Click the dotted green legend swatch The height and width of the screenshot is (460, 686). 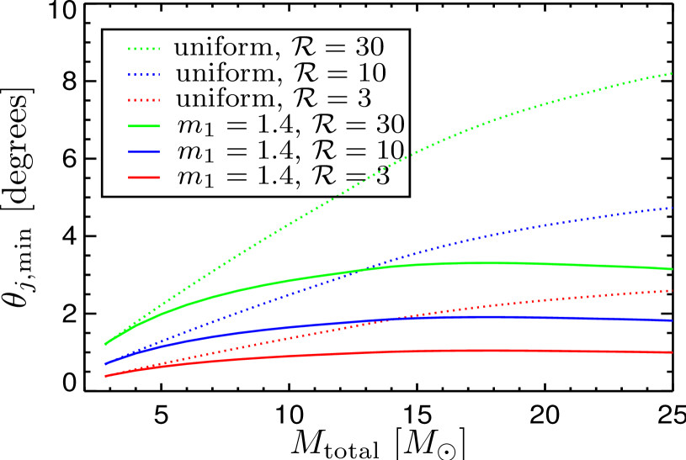click(143, 49)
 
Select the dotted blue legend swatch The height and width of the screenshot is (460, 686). click(143, 75)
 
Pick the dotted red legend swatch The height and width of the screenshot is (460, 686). click(143, 100)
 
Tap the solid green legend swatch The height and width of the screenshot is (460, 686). click(143, 126)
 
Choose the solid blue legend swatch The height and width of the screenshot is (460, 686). click(143, 151)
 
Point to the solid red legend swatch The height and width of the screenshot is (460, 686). click(143, 177)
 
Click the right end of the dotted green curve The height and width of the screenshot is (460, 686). click(672, 74)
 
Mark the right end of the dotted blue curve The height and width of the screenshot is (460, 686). click(672, 208)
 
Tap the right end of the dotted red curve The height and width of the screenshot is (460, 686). click(672, 291)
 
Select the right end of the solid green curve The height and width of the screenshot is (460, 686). click(672, 269)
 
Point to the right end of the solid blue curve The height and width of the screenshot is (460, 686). click(672, 320)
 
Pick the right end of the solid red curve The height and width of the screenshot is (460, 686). click(672, 352)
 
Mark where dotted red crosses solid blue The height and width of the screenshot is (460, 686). click(395, 318)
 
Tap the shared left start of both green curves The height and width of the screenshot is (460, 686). click(105, 344)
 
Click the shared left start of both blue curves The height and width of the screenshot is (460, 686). click(105, 364)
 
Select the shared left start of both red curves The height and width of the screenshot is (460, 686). click(105, 376)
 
